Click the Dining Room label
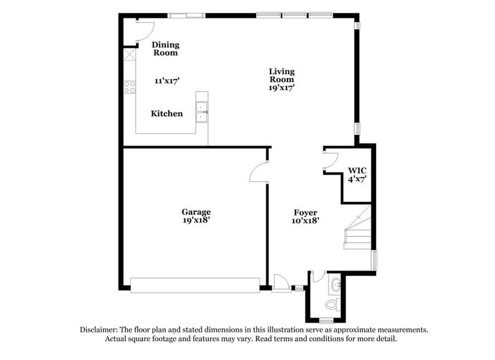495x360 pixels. point(165,48)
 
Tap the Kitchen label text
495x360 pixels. point(166,113)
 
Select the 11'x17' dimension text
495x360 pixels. point(166,81)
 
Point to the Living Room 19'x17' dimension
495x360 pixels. point(281,88)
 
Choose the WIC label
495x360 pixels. point(357,170)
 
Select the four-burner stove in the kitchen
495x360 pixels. point(130,87)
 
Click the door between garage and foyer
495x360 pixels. point(259,173)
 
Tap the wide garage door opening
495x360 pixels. point(195,285)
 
